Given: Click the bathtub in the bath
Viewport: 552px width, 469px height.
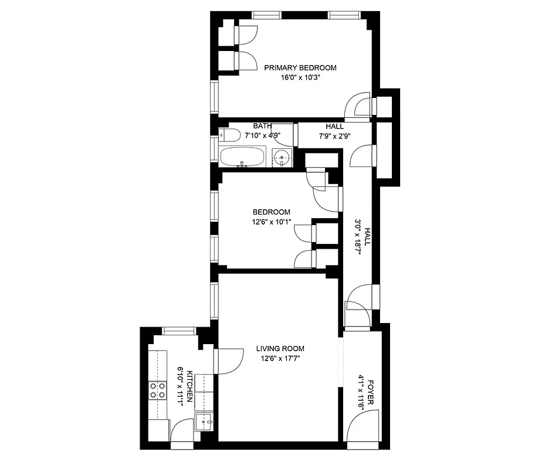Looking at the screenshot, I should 242,157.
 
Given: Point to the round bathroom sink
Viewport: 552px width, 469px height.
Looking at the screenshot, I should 283,157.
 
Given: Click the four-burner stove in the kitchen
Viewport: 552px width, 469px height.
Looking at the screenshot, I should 157,390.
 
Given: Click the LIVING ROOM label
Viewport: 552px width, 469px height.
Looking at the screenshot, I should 280,348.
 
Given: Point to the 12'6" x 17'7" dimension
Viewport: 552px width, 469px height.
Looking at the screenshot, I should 280,358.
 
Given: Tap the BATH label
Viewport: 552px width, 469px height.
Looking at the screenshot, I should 262,126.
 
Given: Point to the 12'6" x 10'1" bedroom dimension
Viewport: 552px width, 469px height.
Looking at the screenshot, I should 271,222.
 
